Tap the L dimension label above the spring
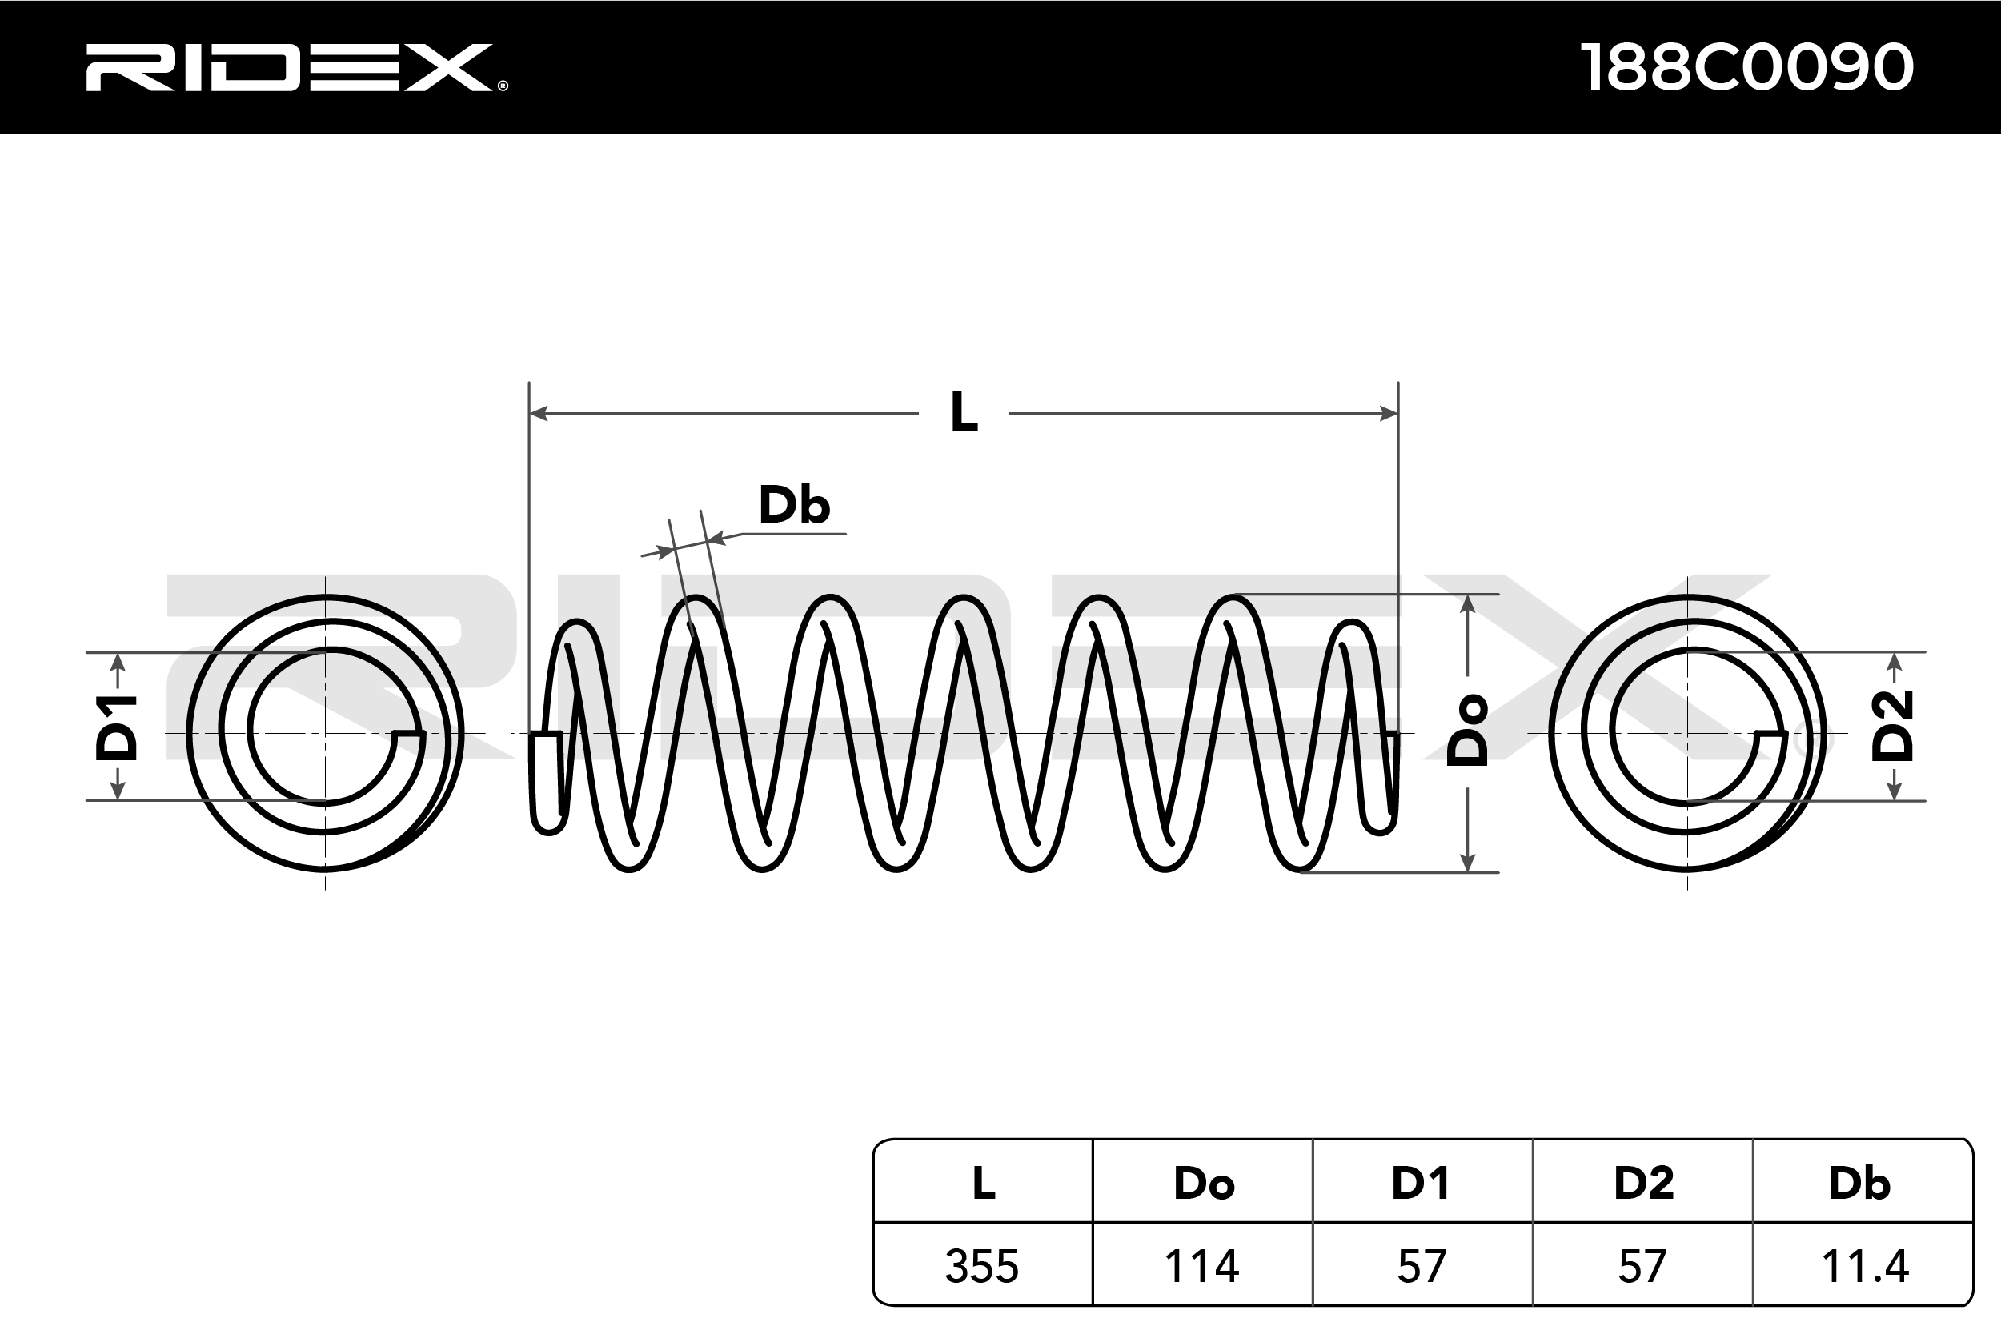(x=963, y=414)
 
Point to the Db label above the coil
(x=794, y=506)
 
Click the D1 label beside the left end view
(x=116, y=727)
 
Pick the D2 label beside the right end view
(x=1893, y=726)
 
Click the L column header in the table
(x=984, y=1183)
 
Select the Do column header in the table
(x=1203, y=1183)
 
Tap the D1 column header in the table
(x=1421, y=1183)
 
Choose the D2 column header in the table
(x=1644, y=1183)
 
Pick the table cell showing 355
(x=982, y=1266)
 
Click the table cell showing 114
(x=1201, y=1266)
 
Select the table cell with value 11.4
(x=1864, y=1266)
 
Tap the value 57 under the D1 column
(x=1422, y=1266)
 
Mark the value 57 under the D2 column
(x=1642, y=1266)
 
